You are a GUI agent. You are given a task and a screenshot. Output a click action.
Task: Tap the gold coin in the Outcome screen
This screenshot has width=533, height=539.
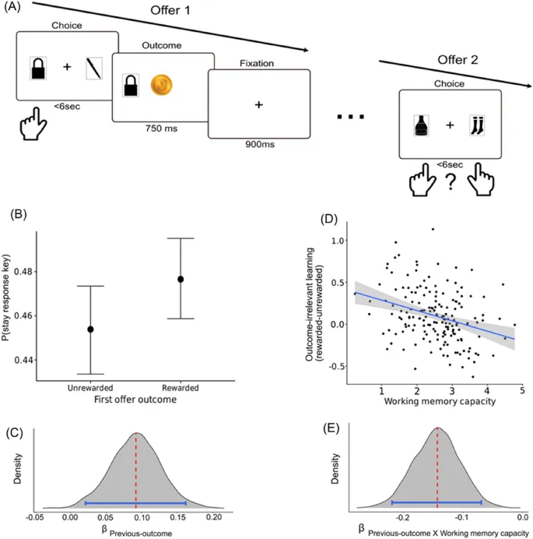coord(161,85)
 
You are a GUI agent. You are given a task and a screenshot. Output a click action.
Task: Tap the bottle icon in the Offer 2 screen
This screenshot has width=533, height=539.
coord(422,124)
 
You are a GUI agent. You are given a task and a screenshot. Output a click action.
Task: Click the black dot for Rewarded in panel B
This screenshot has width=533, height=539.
coord(180,279)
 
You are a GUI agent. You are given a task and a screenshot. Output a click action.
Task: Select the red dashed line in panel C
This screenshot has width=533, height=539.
coord(136,467)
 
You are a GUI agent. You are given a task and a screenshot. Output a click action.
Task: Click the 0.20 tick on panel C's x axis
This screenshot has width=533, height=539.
coord(214,516)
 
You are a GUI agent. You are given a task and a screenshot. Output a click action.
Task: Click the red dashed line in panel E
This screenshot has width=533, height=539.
coord(438,467)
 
